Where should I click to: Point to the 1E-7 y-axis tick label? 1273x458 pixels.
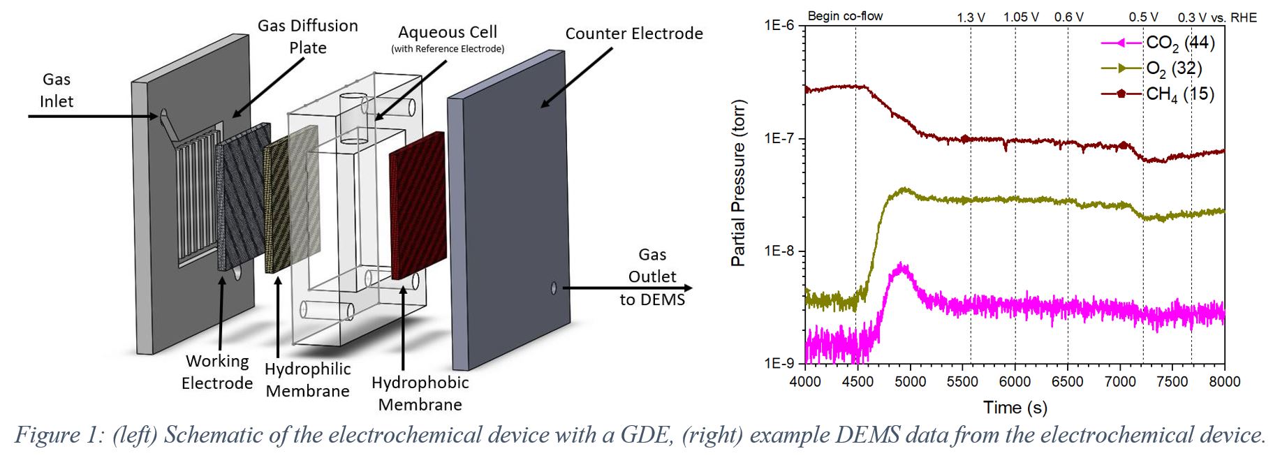point(779,138)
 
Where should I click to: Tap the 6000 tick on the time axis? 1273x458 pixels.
point(1015,382)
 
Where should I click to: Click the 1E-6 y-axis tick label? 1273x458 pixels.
point(779,26)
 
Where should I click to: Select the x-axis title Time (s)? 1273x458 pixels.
point(1015,407)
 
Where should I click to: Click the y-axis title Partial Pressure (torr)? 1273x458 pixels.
point(738,183)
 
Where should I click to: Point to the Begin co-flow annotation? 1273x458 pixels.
point(845,16)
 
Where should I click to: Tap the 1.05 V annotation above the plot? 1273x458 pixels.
point(1020,17)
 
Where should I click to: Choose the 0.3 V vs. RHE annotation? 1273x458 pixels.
point(1216,17)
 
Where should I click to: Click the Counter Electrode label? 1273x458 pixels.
point(633,34)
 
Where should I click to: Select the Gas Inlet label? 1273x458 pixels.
point(56,90)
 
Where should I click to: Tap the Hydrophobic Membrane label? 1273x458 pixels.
point(420,393)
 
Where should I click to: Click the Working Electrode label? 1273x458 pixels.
point(217,371)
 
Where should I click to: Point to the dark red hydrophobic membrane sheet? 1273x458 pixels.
point(417,205)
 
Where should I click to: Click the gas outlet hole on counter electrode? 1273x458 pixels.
point(554,288)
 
